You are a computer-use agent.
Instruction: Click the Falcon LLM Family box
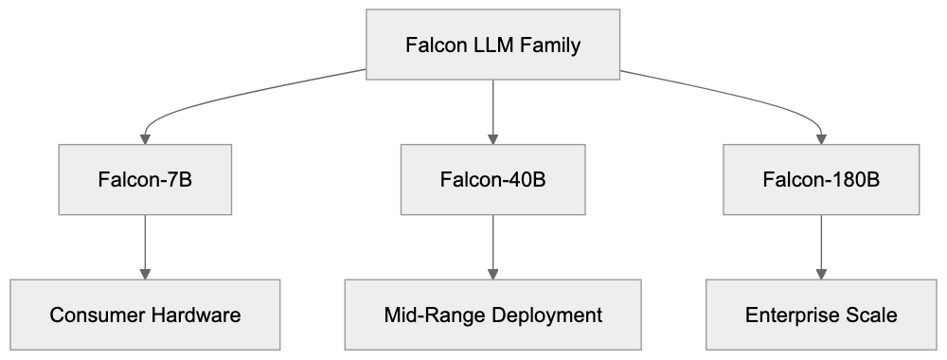(x=492, y=45)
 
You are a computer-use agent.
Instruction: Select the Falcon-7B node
(x=145, y=179)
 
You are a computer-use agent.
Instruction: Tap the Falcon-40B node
(x=492, y=179)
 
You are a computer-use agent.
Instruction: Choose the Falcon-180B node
(x=821, y=179)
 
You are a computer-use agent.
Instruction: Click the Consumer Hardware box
(x=145, y=315)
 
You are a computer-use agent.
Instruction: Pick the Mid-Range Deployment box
(x=492, y=315)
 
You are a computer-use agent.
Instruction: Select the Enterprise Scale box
(x=821, y=315)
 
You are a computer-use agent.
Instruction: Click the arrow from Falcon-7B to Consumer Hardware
(x=145, y=246)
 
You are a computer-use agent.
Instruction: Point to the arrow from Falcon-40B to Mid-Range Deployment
(x=492, y=246)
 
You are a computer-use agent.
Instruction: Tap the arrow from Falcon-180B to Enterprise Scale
(x=821, y=246)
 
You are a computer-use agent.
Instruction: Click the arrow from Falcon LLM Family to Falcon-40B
(x=492, y=112)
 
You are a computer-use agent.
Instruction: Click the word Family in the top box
(x=549, y=45)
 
